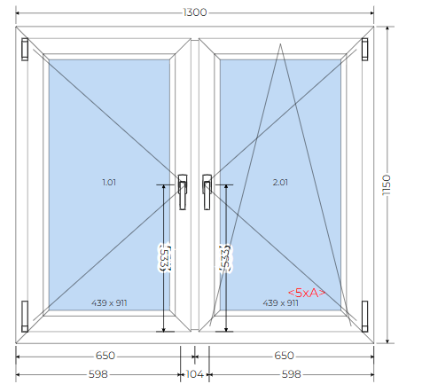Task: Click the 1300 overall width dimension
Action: pyautogui.click(x=195, y=12)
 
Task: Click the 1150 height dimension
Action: pyautogui.click(x=387, y=184)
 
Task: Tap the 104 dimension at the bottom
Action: pyautogui.click(x=195, y=374)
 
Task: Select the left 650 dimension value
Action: pyautogui.click(x=105, y=356)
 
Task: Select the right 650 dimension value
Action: pyautogui.click(x=284, y=356)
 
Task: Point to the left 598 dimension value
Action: pyautogui.click(x=98, y=374)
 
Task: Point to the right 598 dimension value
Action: pyautogui.click(x=291, y=374)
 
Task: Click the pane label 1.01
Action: pyautogui.click(x=109, y=183)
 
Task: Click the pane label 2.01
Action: pyautogui.click(x=280, y=183)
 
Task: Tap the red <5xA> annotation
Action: pyautogui.click(x=307, y=293)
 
